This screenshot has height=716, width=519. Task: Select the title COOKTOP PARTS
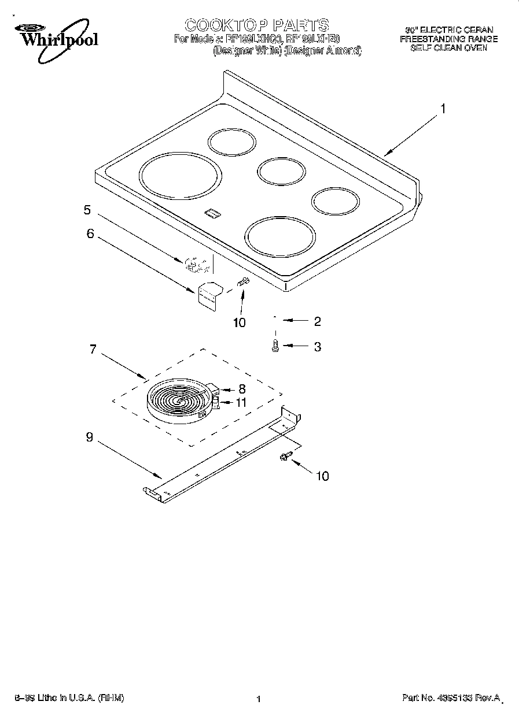tap(256, 25)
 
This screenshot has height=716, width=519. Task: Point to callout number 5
tap(87, 210)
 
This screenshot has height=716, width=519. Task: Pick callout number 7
tap(93, 350)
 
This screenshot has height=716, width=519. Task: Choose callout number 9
tap(89, 437)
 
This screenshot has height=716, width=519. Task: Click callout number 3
tap(317, 347)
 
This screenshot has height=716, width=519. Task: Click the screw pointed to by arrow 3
tap(275, 346)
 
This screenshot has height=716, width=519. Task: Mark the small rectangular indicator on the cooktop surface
tap(212, 214)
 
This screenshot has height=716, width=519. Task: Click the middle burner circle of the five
tap(281, 171)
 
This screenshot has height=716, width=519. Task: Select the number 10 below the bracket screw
tap(239, 322)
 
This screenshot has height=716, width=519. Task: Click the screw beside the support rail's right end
tap(284, 457)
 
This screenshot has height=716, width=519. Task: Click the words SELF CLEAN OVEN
tap(448, 49)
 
